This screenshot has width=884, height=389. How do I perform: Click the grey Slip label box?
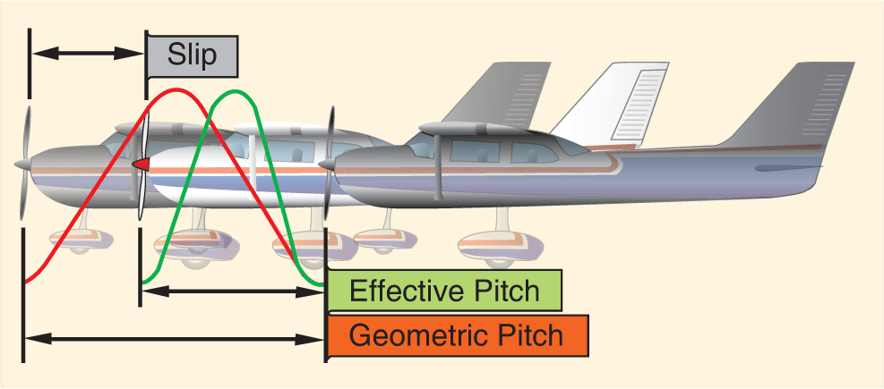pos(193,55)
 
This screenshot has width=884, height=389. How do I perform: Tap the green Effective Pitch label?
pos(444,292)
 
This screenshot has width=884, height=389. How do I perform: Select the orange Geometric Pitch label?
pos(457,336)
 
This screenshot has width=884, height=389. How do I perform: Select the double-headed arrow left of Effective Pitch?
pos(233,291)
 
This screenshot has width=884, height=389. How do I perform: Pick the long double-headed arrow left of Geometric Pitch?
pos(174,339)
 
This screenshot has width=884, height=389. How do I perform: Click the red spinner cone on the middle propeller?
pos(140,165)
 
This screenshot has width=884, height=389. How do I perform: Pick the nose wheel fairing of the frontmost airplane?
pos(382,240)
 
